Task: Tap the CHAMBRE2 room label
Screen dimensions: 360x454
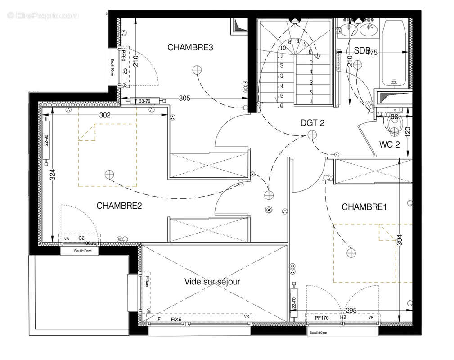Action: coord(119,206)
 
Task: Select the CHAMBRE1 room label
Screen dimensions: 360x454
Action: coord(364,207)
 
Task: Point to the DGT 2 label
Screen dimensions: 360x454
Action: coord(312,123)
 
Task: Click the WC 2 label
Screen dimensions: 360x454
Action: coord(389,145)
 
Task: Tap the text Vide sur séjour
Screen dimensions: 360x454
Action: coord(212,282)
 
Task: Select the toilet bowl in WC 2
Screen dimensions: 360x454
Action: coord(395,127)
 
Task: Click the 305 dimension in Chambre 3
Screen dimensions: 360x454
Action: coord(184,98)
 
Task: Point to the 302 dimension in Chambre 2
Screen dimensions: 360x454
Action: coord(104,115)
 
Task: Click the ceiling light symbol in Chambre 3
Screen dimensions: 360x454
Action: coord(196,70)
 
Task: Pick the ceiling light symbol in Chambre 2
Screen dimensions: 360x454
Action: coord(109,175)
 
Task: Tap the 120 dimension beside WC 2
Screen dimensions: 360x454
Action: coord(408,132)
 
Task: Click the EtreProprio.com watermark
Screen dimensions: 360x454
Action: coord(43,16)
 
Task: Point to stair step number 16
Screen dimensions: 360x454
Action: coord(280,106)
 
